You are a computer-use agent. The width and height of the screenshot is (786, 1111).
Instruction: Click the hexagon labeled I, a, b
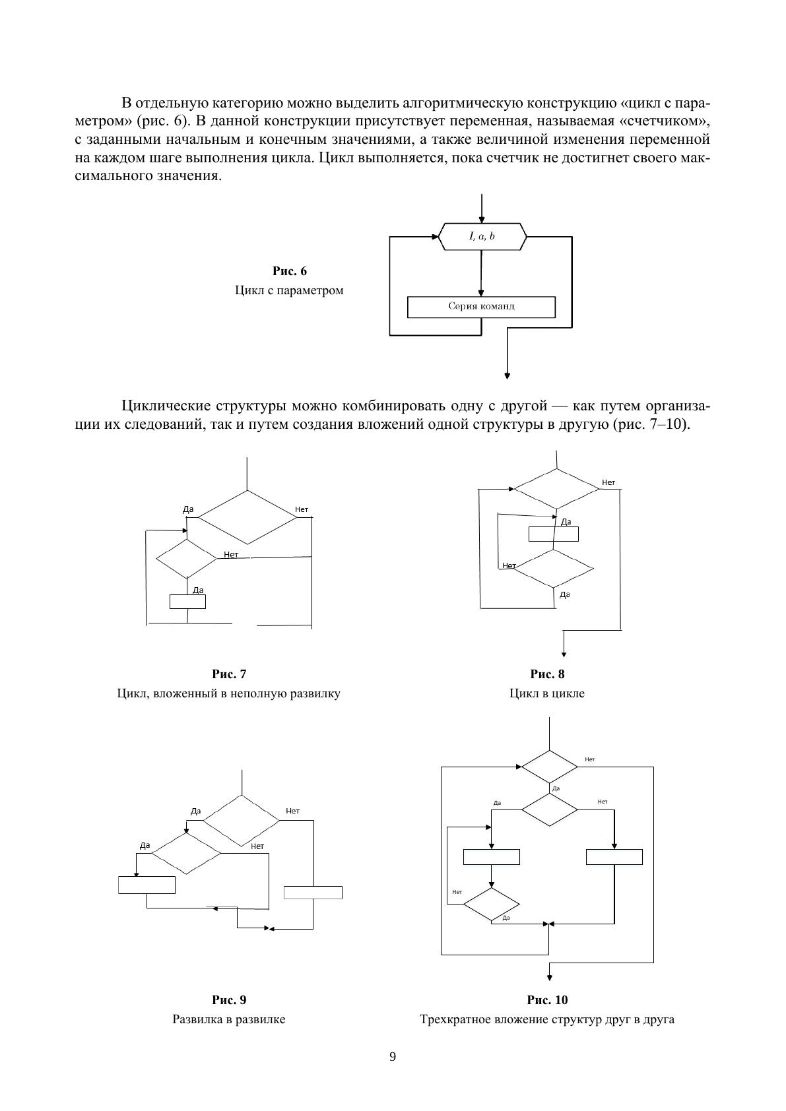(x=482, y=236)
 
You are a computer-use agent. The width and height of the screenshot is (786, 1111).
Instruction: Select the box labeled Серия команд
(x=481, y=307)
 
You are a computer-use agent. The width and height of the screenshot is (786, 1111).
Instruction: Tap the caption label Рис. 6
(x=290, y=271)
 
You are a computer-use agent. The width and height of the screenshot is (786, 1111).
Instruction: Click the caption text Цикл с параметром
(x=289, y=290)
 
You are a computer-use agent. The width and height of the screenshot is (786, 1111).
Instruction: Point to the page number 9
(x=393, y=1057)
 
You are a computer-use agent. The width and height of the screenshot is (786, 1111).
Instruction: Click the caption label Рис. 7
(x=229, y=674)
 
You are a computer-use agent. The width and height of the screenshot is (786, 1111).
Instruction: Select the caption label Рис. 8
(x=547, y=674)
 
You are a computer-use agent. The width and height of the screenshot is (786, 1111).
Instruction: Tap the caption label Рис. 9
(x=229, y=1000)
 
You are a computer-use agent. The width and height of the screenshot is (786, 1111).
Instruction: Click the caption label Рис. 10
(x=547, y=1000)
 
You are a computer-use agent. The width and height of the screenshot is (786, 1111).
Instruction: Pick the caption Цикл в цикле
(x=547, y=693)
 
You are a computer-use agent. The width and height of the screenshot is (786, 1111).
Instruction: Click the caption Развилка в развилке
(x=229, y=1019)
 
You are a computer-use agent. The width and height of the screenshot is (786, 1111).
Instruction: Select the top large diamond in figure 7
(x=247, y=517)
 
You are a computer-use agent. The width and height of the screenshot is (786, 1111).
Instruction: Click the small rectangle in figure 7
(x=188, y=602)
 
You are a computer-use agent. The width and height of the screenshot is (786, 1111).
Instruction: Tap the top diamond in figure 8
(x=556, y=489)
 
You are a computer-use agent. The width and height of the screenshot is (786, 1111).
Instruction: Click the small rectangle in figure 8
(x=554, y=534)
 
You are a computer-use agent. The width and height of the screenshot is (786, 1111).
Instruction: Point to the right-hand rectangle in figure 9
(x=313, y=892)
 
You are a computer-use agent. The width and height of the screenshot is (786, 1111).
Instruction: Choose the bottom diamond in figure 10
(x=492, y=905)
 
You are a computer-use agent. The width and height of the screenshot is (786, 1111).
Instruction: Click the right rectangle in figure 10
(x=614, y=857)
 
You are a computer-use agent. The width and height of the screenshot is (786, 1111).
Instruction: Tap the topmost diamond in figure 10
(x=549, y=767)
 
